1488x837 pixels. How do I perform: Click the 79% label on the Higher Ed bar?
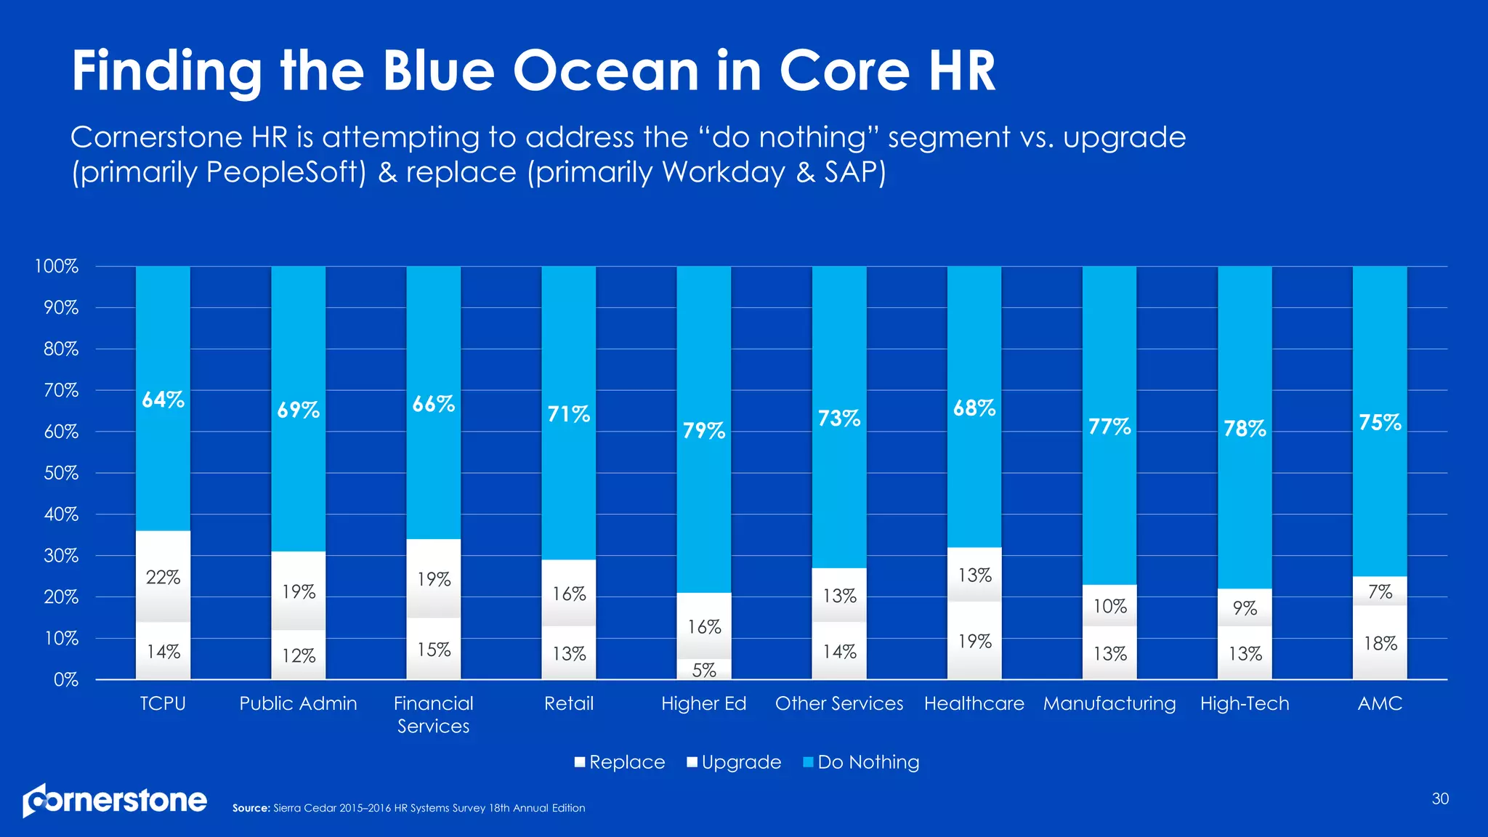coord(704,431)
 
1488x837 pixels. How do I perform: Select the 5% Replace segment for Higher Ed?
coord(704,670)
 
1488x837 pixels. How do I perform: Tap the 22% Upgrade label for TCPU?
coord(163,578)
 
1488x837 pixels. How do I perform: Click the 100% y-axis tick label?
coord(56,266)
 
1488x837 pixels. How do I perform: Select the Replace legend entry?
coord(620,761)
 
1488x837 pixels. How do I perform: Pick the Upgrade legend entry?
coord(734,761)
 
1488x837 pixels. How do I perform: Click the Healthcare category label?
coord(974,703)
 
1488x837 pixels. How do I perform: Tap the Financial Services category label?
coord(433,714)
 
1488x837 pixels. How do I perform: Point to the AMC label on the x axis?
coord(1380,703)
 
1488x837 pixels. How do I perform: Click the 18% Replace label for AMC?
coord(1380,643)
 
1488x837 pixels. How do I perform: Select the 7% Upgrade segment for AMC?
coord(1380,591)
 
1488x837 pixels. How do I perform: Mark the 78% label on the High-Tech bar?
coord(1245,429)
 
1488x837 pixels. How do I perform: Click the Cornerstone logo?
coord(115,800)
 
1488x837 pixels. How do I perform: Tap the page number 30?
coord(1440,798)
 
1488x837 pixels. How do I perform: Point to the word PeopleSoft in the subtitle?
coord(286,172)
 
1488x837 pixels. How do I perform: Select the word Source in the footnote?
coord(251,808)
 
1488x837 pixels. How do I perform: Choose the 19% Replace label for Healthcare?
coord(974,641)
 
